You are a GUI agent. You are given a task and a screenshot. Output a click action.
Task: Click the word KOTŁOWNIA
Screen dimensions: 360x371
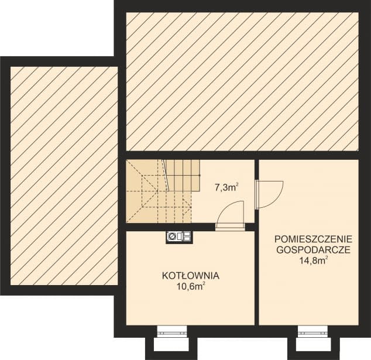tap(191, 275)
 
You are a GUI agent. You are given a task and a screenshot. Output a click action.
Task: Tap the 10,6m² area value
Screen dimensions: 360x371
tap(191, 286)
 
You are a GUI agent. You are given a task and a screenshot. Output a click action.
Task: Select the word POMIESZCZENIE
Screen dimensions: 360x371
tap(313, 239)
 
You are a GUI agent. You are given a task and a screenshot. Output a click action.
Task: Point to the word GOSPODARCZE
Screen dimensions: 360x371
tap(313, 250)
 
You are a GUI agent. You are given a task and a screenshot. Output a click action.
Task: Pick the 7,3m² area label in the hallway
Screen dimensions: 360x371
tap(226, 188)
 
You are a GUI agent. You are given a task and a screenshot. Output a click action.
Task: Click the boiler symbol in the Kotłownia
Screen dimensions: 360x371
tap(178, 236)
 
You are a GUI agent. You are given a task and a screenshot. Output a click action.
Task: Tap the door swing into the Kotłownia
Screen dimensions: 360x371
tap(229, 215)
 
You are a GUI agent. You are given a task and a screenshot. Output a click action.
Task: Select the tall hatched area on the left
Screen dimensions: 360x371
tap(63, 176)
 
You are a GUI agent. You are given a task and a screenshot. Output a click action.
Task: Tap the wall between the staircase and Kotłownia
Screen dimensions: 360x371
tap(164, 227)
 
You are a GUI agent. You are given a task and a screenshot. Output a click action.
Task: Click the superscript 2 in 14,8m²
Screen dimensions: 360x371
tap(327, 258)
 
